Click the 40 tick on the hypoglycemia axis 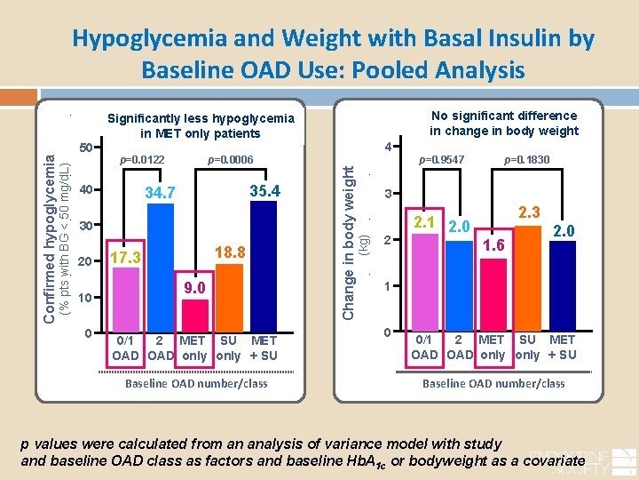(x=86, y=189)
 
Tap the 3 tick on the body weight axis (x=387, y=195)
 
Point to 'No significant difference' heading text (x=503, y=116)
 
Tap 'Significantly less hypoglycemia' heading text (x=201, y=119)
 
